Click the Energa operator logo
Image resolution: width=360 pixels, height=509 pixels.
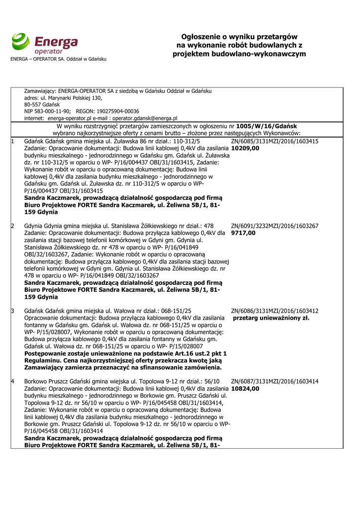click(x=45, y=44)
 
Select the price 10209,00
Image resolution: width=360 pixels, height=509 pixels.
click(x=245, y=148)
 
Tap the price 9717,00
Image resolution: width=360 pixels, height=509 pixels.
click(x=244, y=233)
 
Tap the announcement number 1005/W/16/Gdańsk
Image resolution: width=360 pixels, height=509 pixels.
click(x=267, y=126)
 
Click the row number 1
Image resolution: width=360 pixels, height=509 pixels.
click(x=12, y=141)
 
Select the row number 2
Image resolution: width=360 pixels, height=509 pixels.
click(x=12, y=226)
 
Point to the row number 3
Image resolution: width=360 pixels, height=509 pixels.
click(x=12, y=311)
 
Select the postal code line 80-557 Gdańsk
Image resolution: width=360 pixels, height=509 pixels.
click(x=42, y=104)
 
